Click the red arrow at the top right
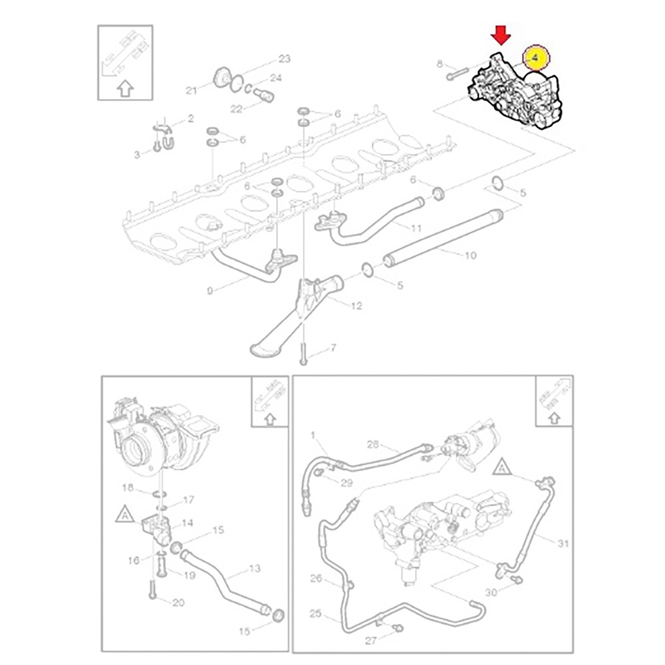point(501,34)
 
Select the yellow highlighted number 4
point(536,58)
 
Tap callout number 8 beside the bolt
point(439,64)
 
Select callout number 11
point(416,228)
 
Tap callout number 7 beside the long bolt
point(333,348)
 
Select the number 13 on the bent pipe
point(255,569)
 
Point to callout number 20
point(178,602)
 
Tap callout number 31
point(563,544)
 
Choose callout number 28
point(372,444)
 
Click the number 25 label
point(315,614)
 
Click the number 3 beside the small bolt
point(138,154)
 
